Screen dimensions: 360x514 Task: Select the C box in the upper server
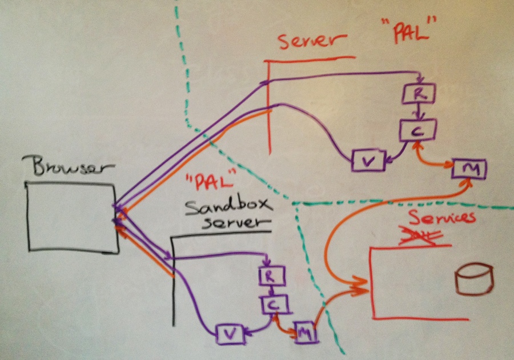coord(418,131)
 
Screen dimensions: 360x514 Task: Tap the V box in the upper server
coord(367,161)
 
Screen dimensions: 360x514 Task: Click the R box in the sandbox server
coord(268,277)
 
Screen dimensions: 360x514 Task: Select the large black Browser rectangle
coord(71,217)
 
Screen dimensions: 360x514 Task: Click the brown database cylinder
coord(473,278)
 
